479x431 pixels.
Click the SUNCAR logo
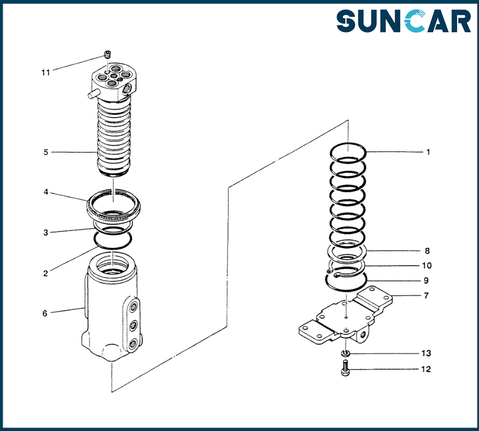point(403,22)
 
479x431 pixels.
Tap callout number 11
point(46,72)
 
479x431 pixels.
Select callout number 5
point(46,152)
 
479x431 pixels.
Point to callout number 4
point(46,192)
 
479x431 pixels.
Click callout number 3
point(46,233)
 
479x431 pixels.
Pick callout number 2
point(46,273)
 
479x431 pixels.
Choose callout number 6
point(45,313)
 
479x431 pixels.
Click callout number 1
point(428,152)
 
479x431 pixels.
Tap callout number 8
point(427,250)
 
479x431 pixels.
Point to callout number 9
point(426,280)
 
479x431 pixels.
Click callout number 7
point(426,295)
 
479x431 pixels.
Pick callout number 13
point(426,353)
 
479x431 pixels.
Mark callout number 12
point(426,369)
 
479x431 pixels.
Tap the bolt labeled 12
point(345,369)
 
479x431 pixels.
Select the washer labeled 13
point(345,353)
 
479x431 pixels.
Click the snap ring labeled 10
point(342,271)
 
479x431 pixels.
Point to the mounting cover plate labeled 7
point(345,318)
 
